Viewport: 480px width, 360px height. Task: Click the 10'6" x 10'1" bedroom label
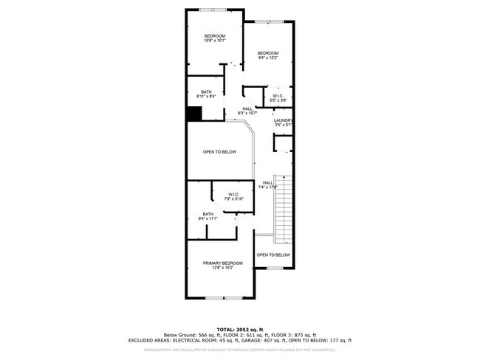pos(214,38)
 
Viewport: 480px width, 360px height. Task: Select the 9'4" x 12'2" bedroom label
pos(267,55)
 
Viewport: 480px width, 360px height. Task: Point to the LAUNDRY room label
pos(284,122)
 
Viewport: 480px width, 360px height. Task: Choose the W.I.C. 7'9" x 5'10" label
pos(233,197)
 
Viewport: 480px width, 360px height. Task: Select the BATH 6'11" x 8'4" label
pos(206,94)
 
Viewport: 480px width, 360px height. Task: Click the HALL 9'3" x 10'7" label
pos(247,111)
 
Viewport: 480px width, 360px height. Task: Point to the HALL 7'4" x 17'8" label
pos(267,185)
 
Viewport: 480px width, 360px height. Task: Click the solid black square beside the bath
pos(193,114)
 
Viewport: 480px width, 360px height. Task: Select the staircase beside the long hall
pos(284,212)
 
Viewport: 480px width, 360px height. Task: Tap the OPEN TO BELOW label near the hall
pos(219,152)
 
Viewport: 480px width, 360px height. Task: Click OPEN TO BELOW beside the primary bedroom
pos(273,255)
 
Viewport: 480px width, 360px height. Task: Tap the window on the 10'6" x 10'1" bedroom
pos(214,9)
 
